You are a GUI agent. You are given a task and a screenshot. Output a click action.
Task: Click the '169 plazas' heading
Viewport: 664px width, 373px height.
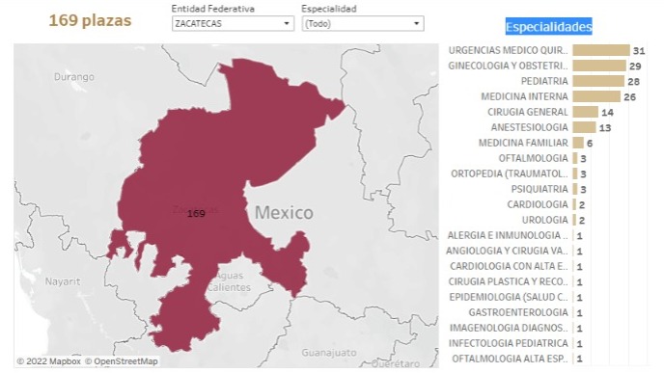coord(90,20)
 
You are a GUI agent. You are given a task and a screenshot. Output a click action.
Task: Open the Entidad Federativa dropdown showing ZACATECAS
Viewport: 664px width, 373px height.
coord(233,24)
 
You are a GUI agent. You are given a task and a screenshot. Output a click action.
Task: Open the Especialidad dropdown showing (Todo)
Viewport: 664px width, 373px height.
coord(362,24)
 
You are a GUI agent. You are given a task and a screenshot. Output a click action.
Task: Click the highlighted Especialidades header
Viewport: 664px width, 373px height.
coord(548,27)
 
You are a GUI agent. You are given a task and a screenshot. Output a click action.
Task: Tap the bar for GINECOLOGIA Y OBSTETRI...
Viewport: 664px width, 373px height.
coord(598,66)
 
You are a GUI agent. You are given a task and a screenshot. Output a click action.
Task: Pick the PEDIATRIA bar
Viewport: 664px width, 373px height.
coord(597,81)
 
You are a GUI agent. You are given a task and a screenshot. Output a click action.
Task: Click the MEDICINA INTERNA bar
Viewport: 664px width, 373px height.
coord(595,96)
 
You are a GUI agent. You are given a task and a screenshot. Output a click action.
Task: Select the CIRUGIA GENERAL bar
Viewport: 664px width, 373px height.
coord(585,112)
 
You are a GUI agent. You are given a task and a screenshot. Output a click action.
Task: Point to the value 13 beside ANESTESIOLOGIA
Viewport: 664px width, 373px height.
coord(605,127)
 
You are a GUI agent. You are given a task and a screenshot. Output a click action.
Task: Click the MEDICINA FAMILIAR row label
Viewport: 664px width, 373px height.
coord(523,143)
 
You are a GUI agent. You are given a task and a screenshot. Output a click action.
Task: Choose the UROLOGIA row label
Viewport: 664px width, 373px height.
coord(544,220)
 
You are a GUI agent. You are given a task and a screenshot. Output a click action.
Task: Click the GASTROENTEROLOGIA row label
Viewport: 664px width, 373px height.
coord(518,312)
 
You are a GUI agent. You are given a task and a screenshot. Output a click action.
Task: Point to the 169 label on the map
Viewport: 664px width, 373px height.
coord(196,213)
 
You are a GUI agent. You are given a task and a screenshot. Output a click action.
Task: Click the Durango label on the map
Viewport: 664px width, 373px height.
coord(74,76)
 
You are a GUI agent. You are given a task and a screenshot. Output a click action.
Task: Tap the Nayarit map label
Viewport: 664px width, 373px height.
coord(61,281)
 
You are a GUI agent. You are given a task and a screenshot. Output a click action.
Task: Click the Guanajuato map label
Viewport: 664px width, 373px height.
coord(328,353)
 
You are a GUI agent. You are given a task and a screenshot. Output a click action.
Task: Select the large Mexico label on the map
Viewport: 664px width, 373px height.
coord(284,212)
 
